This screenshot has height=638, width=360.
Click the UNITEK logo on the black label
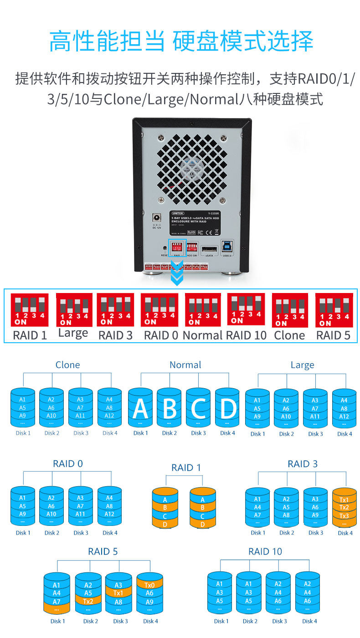pyautogui.click(x=178, y=213)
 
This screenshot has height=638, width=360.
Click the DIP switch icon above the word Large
pyautogui.click(x=73, y=310)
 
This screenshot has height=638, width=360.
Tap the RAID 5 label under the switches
pyautogui.click(x=334, y=336)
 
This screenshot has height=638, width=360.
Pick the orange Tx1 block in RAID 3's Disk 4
pyautogui.click(x=345, y=499)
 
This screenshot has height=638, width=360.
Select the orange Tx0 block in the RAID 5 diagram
pyautogui.click(x=150, y=585)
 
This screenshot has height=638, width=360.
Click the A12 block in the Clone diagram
pyautogui.click(x=109, y=416)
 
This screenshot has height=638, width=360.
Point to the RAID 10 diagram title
pyautogui.click(x=265, y=551)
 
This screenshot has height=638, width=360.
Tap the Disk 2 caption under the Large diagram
pyautogui.click(x=286, y=434)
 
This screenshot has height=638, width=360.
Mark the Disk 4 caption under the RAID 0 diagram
pyautogui.click(x=110, y=533)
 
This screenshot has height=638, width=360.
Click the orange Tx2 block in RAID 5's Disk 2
pyautogui.click(x=88, y=601)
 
